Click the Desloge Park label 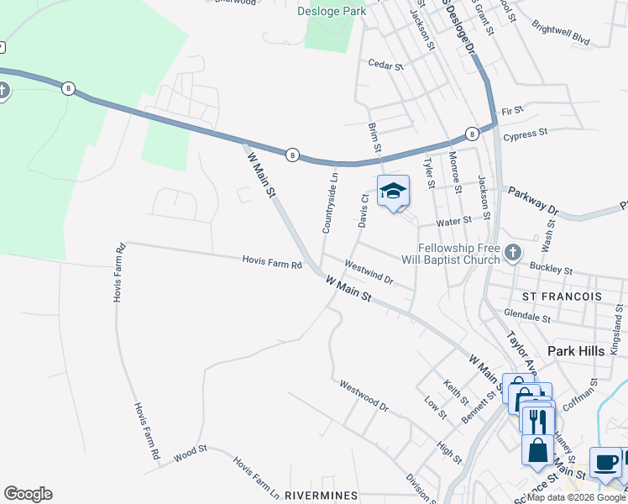[332, 12]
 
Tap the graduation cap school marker [393, 192]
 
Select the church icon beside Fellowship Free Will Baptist [513, 251]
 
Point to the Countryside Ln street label [333, 211]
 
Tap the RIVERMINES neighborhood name [322, 495]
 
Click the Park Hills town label [575, 351]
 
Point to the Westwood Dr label [364, 396]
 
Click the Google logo [28, 494]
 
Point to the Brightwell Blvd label [560, 32]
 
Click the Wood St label [191, 454]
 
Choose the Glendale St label [526, 315]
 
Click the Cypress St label [525, 133]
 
